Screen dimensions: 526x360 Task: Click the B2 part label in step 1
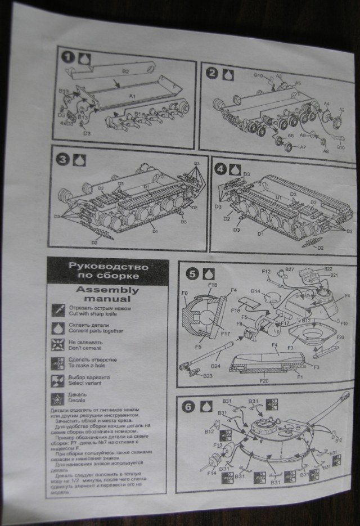coord(125,71)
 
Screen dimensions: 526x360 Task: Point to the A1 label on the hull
coord(133,97)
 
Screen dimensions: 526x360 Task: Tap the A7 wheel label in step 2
coord(302,147)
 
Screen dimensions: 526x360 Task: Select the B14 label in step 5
coord(256,291)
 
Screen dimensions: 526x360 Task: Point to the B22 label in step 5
coord(328,268)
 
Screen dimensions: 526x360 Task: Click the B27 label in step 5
coord(290,270)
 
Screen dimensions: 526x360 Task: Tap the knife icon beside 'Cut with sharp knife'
coord(58,309)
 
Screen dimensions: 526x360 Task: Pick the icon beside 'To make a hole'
coord(58,362)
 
